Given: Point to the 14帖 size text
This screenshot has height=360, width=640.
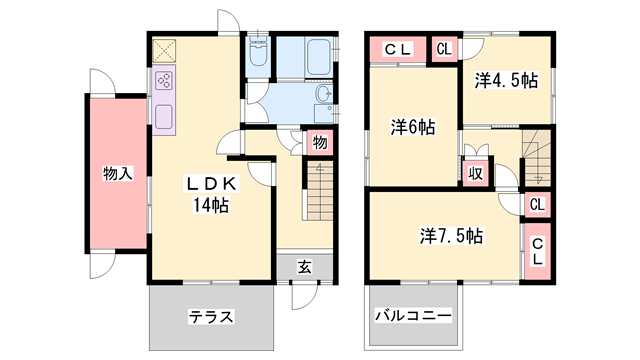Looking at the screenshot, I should pyautogui.click(x=212, y=206).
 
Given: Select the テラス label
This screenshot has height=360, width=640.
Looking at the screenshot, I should pyautogui.click(x=211, y=317).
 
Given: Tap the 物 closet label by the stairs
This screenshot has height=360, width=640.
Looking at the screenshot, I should pyautogui.click(x=319, y=143).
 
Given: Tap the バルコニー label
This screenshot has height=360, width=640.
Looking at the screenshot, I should pyautogui.click(x=413, y=316).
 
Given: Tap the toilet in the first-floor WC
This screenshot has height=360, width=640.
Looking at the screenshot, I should pyautogui.click(x=258, y=56).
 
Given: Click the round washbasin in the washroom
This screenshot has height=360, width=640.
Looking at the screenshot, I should pyautogui.click(x=323, y=96).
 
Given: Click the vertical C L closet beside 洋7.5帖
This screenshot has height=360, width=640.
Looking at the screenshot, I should pyautogui.click(x=536, y=250).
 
